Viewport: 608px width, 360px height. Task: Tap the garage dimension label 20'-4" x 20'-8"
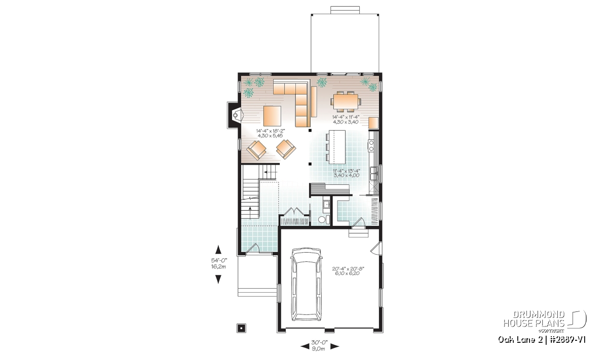point(348,268)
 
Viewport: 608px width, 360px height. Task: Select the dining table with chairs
point(346,102)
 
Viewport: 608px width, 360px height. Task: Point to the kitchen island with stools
point(335,147)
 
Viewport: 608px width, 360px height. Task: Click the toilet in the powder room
point(323,219)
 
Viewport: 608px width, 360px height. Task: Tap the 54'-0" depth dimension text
point(219,260)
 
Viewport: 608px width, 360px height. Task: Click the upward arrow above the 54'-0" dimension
point(218,249)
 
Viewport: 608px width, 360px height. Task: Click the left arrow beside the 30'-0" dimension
point(305,346)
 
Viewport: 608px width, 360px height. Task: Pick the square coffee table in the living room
point(272,116)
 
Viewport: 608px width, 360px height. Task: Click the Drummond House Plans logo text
point(534,319)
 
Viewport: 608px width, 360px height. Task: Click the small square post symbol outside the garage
point(241,328)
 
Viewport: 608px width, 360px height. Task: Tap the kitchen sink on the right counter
point(373,174)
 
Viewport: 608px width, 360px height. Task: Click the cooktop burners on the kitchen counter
point(371,145)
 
